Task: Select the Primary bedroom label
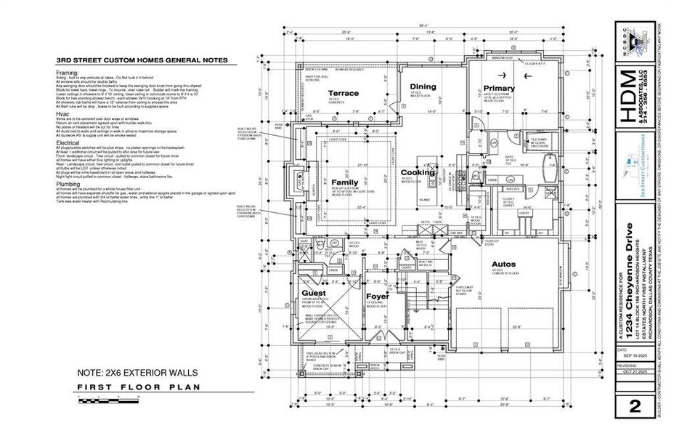(x=499, y=89)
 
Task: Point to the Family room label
(x=346, y=182)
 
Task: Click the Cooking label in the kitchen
(x=418, y=173)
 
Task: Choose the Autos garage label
(x=503, y=264)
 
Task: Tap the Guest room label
(x=314, y=293)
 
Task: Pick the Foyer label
(x=377, y=296)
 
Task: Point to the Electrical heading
(x=69, y=142)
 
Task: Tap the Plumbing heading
(x=68, y=184)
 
